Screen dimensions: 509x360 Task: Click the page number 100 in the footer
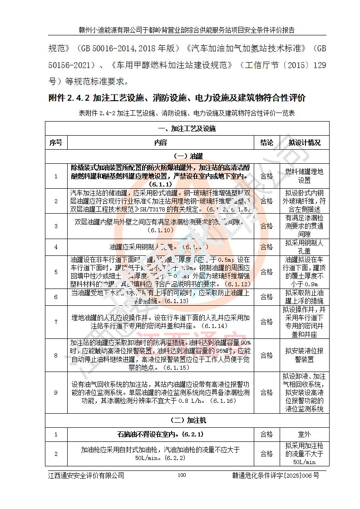coord(182,475)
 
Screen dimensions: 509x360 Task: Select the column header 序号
coord(56,142)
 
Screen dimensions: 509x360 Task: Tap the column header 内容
coord(161,142)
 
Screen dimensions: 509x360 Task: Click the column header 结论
coord(266,142)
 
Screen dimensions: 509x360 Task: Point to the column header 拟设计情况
coord(304,142)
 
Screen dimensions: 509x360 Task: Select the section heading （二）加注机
coord(187,420)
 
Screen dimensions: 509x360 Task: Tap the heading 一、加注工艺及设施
coord(187,128)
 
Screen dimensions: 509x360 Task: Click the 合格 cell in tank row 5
coord(266,272)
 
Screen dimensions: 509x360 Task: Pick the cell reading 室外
coord(304,434)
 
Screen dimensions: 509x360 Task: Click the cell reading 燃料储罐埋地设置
coord(304,176)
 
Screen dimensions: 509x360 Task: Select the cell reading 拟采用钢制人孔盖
coord(304,247)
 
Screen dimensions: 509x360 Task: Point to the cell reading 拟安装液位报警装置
coord(304,355)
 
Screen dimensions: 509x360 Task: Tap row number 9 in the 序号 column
coord(56,393)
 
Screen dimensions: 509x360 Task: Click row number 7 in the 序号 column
coord(56,322)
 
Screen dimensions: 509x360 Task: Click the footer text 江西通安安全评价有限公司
coord(86,475)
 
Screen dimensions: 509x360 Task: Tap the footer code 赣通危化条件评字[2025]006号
coord(276,475)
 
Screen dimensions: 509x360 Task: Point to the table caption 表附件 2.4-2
coord(187,113)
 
